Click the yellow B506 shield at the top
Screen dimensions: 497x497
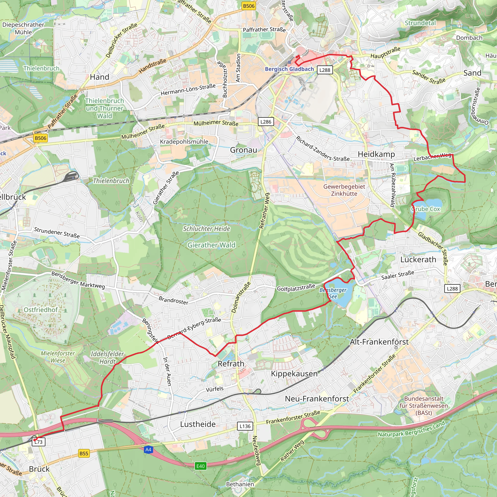coord(248,6)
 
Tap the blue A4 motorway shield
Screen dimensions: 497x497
coord(148,450)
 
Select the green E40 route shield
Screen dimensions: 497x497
coord(200,466)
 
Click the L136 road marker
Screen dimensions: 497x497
coord(245,426)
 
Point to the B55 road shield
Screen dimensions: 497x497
coord(84,454)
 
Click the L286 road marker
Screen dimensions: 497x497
coord(266,122)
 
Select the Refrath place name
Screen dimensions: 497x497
coord(231,364)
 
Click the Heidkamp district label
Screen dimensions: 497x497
coord(376,154)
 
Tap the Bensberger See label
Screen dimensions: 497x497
coord(333,293)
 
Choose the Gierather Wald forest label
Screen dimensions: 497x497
coord(211,245)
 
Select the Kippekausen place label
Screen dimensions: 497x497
coord(294,373)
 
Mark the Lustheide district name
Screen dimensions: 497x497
coord(198,424)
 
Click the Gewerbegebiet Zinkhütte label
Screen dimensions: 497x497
coord(344,190)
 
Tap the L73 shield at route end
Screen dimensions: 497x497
coord(39,442)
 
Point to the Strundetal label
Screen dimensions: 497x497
coord(420,23)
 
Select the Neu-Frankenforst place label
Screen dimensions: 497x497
coord(317,398)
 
